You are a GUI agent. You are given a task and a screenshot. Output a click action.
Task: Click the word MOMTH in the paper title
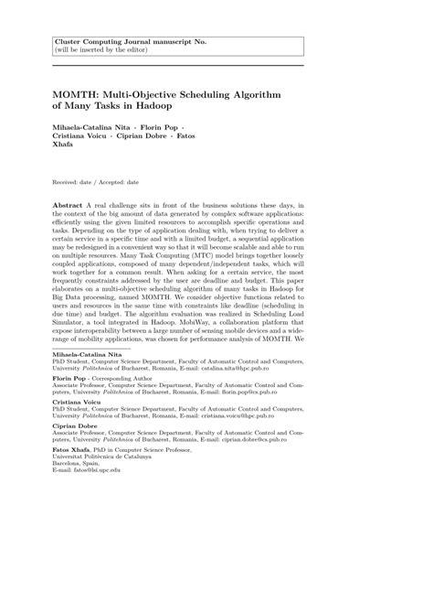coord(76,94)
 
